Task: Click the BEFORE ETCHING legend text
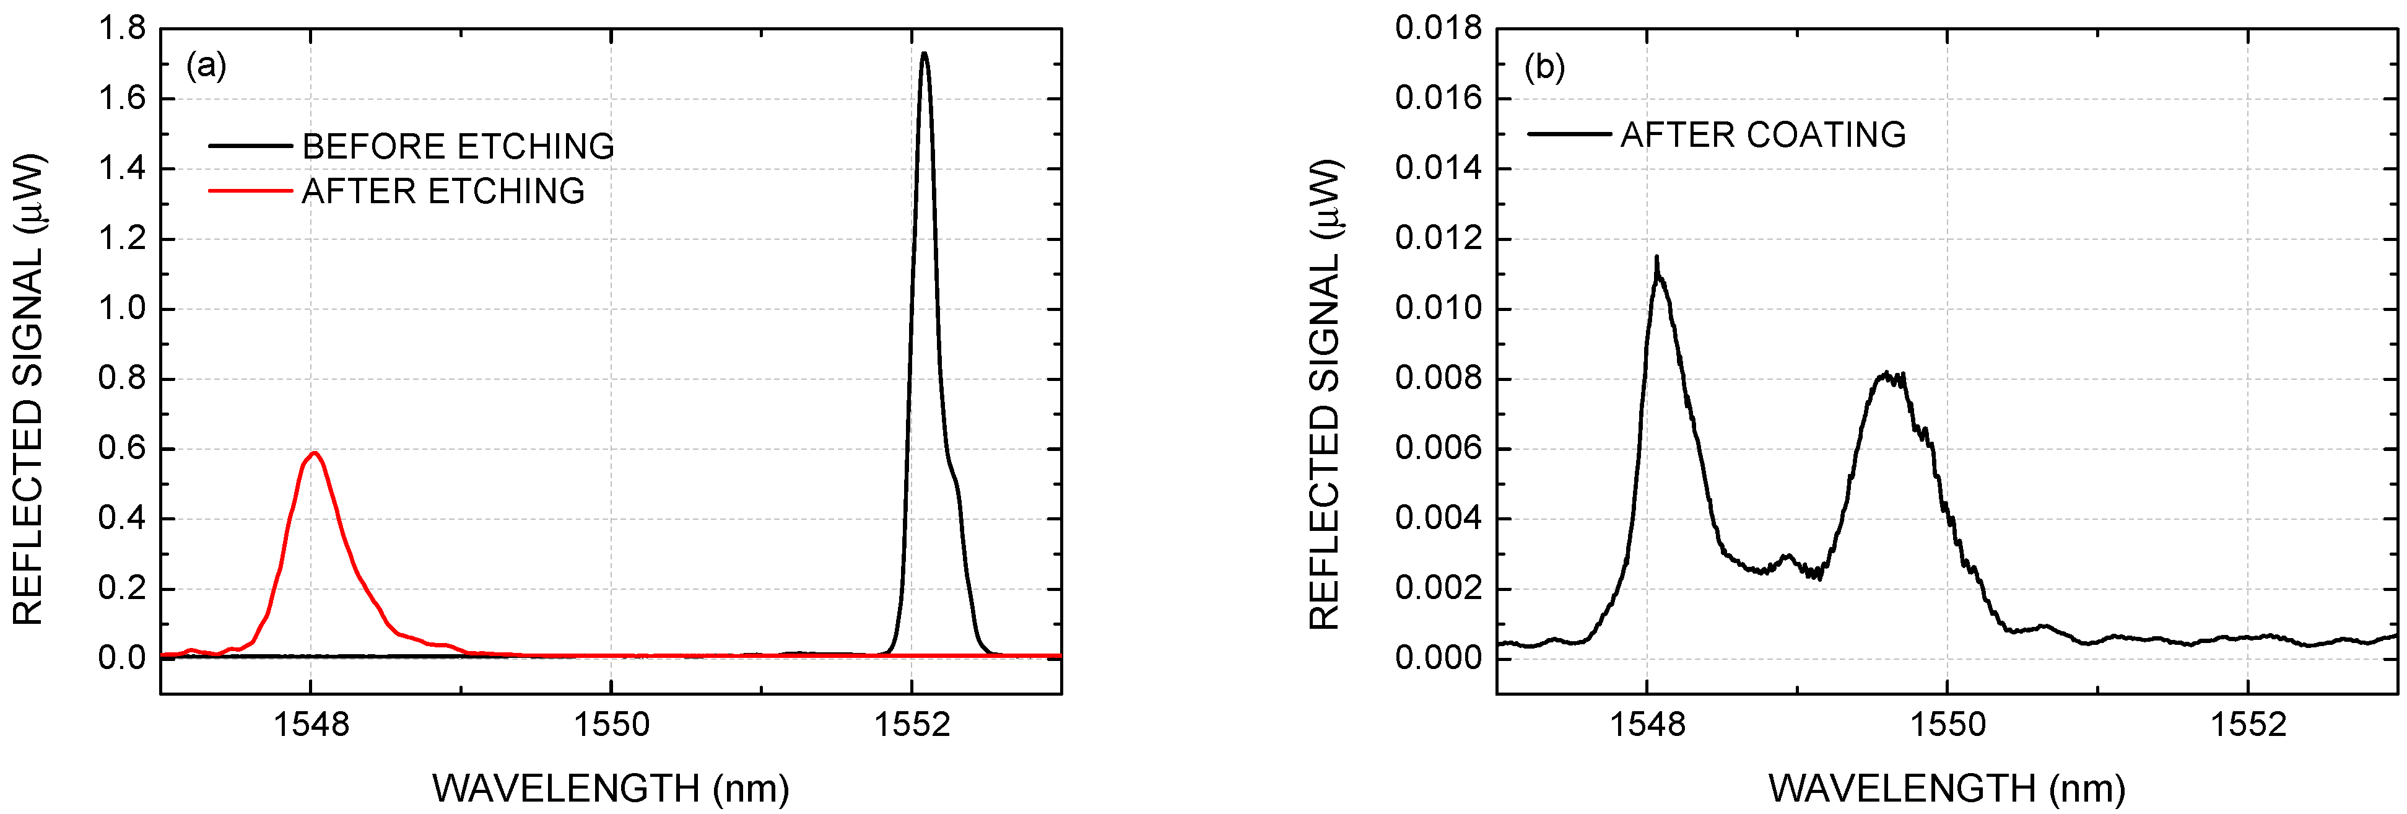click(x=458, y=147)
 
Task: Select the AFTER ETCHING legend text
click(x=443, y=191)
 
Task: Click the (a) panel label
click(x=206, y=66)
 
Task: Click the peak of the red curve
click(x=315, y=453)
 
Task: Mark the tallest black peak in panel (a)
click(x=924, y=54)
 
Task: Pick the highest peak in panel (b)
click(x=1656, y=258)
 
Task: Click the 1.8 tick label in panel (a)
click(x=123, y=29)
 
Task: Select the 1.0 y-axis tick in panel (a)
click(x=123, y=309)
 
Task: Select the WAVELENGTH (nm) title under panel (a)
click(x=610, y=789)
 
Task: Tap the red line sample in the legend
click(x=250, y=191)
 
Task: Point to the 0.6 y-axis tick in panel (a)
click(x=123, y=449)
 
